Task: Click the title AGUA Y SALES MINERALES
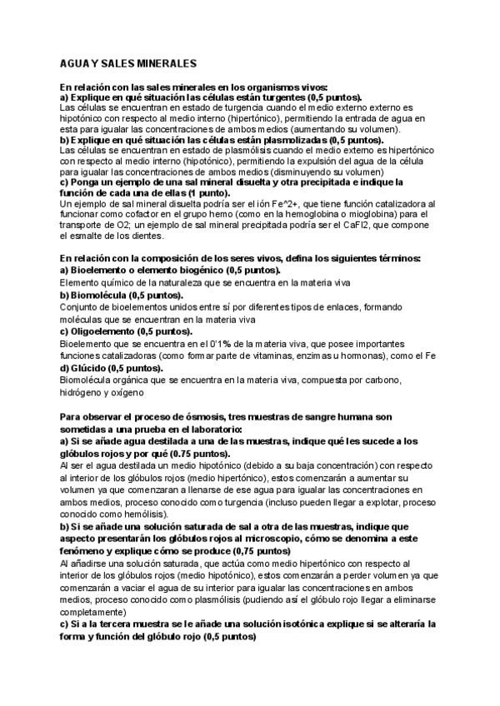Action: click(128, 63)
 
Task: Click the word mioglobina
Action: click(359, 215)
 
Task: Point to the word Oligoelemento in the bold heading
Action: click(103, 331)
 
